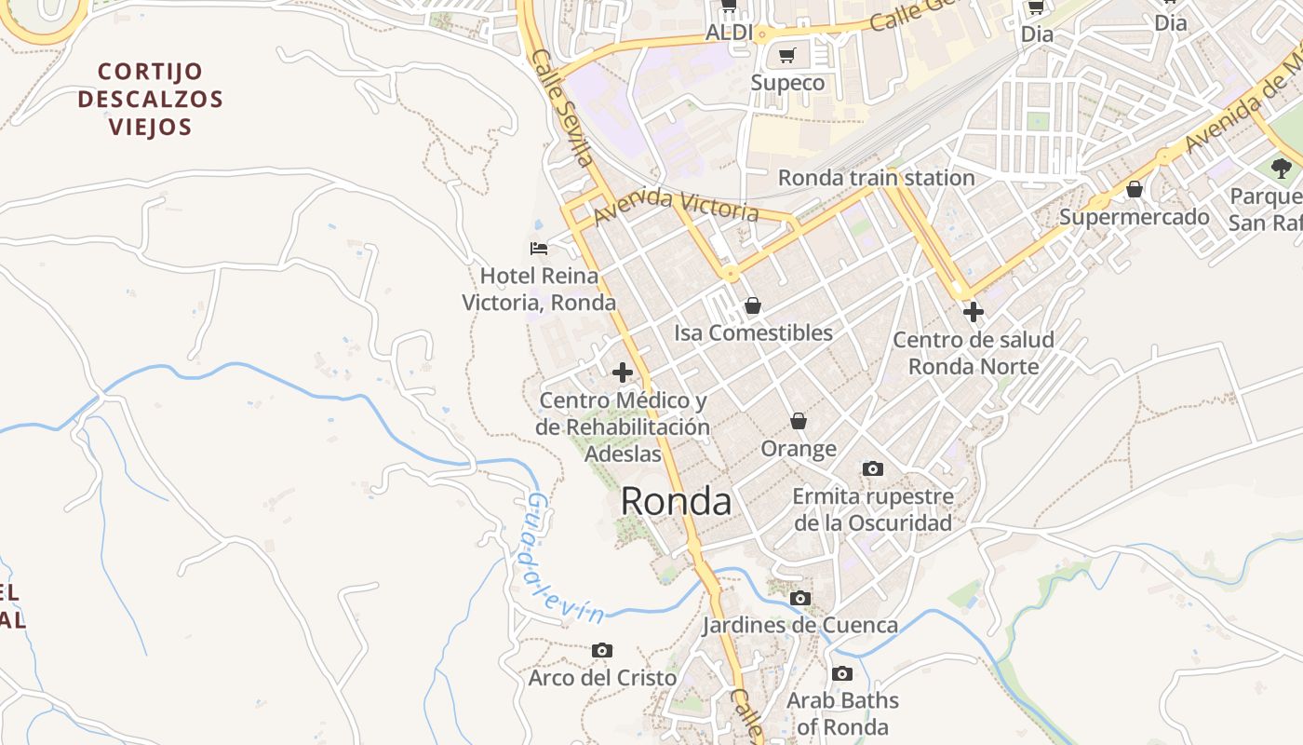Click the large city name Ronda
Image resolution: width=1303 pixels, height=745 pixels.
pos(676,501)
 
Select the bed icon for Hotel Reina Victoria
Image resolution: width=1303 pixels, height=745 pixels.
pos(539,248)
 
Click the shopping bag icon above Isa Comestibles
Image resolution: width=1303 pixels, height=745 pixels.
pos(753,305)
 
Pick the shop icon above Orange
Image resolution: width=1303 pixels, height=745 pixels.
pos(799,421)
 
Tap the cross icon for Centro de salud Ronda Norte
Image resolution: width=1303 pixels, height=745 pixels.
pos(974,312)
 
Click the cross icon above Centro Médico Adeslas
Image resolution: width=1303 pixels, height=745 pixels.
pos(623,373)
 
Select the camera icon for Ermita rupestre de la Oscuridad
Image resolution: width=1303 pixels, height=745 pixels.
pos(873,468)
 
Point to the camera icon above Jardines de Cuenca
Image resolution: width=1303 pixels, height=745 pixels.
pos(800,598)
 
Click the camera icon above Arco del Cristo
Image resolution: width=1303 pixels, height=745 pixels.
pos(602,650)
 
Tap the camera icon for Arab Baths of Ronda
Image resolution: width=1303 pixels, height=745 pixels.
pos(842,673)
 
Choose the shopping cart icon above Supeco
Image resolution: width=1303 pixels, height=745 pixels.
pos(787,56)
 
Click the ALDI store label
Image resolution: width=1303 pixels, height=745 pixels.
pos(729,33)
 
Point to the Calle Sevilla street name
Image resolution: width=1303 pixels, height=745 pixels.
pos(563,108)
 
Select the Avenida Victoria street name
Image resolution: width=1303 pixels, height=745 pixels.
pos(676,205)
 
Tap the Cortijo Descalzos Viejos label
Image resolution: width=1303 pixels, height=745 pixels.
pos(151,99)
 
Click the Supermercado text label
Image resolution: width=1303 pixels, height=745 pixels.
pos(1135,218)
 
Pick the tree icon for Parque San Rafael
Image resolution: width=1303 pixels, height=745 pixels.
pos(1282,169)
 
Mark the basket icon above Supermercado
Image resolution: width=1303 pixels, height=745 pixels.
pos(1135,189)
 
